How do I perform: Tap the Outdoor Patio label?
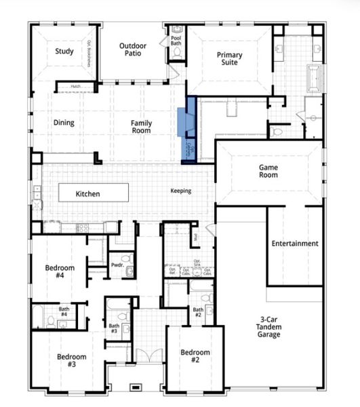(x=133, y=51)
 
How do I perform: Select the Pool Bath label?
(x=176, y=41)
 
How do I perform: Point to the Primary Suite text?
(x=230, y=59)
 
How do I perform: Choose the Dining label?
(x=64, y=123)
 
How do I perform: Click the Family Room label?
(x=142, y=127)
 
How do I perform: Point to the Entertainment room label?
(x=295, y=244)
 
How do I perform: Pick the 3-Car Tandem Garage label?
(x=270, y=327)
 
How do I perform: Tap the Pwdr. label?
(x=116, y=265)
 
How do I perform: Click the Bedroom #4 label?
(x=60, y=271)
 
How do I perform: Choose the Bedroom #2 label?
(x=194, y=356)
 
